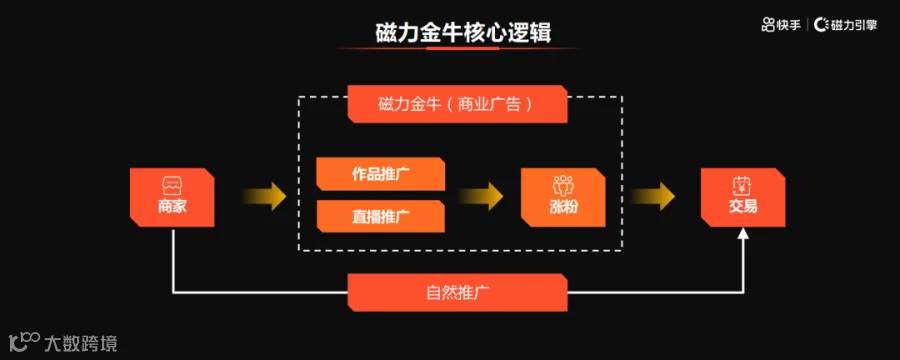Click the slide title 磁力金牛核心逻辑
(x=463, y=33)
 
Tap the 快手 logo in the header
(x=781, y=25)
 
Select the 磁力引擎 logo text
(x=847, y=25)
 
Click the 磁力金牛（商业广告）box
(x=457, y=104)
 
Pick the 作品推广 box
(x=381, y=174)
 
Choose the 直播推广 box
(x=381, y=216)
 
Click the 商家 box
(x=172, y=197)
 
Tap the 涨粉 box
(x=563, y=197)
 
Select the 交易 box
(x=743, y=197)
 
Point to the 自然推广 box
(x=457, y=293)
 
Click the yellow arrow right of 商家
(x=263, y=197)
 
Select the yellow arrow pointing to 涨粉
(x=481, y=197)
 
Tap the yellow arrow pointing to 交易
(x=653, y=197)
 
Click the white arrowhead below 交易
(x=743, y=233)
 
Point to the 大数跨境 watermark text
(x=80, y=344)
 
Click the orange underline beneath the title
(x=463, y=48)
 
